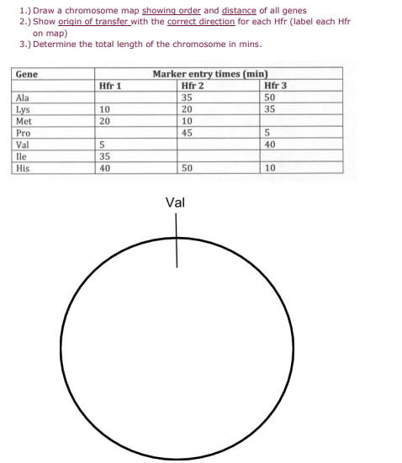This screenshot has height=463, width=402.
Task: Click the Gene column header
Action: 26,74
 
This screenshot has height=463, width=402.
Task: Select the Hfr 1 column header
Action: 110,86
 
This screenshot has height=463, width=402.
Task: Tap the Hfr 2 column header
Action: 193,86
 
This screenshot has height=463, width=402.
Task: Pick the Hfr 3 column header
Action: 275,86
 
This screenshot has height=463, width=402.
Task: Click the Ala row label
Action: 23,97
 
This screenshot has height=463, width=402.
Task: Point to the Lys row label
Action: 23,109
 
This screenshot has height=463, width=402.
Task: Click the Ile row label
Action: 21,155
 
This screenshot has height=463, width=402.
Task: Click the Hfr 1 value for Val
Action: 101,145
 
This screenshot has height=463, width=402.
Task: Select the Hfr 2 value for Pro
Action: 187,133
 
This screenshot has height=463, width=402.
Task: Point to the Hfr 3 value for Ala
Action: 269,97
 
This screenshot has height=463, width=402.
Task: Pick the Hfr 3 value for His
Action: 269,168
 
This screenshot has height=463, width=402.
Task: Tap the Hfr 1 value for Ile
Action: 103,155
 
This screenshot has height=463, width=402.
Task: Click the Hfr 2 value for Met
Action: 187,121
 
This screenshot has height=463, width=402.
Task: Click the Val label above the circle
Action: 176,203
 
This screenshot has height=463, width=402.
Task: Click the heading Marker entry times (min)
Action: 216,74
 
